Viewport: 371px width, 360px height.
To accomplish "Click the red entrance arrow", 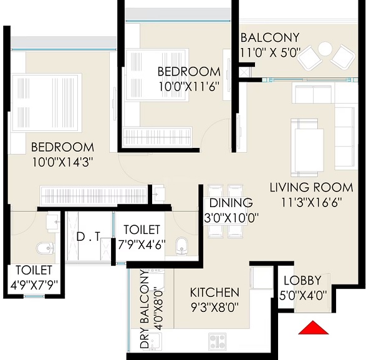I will click(313, 328).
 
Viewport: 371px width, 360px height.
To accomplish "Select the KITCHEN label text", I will click(214, 292).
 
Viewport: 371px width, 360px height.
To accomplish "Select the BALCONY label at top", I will click(270, 37).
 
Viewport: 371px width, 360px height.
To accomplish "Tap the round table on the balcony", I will click(325, 48).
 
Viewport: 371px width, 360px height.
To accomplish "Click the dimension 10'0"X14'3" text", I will click(62, 163).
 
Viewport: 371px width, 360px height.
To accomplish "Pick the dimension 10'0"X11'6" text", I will click(188, 87).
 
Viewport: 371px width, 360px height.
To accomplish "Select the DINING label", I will click(231, 203).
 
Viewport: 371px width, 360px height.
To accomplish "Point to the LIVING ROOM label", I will click(311, 187).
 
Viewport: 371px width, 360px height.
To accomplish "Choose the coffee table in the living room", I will click(308, 145).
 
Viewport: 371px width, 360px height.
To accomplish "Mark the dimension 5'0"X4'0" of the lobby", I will click(302, 296).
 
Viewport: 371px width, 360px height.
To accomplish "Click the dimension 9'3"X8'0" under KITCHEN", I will click(214, 308).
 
